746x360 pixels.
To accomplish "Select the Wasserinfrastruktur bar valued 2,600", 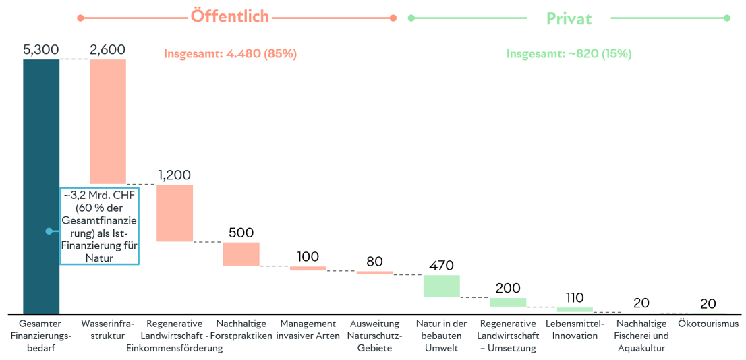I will click(x=108, y=121).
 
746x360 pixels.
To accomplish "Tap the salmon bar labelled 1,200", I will click(x=175, y=213).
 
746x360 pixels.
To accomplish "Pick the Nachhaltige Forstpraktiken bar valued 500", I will click(x=241, y=253).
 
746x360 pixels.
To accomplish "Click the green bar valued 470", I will click(x=441, y=286).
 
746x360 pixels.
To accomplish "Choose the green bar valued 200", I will click(x=508, y=302).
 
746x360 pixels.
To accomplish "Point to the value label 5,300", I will click(x=40, y=50).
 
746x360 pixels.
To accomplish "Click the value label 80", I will click(x=374, y=261).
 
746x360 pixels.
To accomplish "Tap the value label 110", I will click(x=575, y=297).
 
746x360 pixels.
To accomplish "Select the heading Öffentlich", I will click(x=230, y=17).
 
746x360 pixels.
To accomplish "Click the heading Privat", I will click(x=569, y=19).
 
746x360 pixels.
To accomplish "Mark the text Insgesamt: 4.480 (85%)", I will click(x=230, y=54).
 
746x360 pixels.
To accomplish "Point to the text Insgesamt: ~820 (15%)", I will click(x=569, y=54).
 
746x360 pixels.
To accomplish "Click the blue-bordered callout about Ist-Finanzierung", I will click(x=99, y=226).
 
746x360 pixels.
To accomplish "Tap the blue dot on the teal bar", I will click(x=49, y=231).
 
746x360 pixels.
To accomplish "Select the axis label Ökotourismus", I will click(x=708, y=324).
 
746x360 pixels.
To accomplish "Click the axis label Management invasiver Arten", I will click(x=308, y=330).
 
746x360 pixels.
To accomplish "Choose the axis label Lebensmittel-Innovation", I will click(x=575, y=330).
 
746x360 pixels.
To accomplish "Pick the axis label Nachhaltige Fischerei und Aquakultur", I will click(x=641, y=336).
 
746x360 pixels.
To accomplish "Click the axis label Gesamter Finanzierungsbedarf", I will click(x=40, y=336).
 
